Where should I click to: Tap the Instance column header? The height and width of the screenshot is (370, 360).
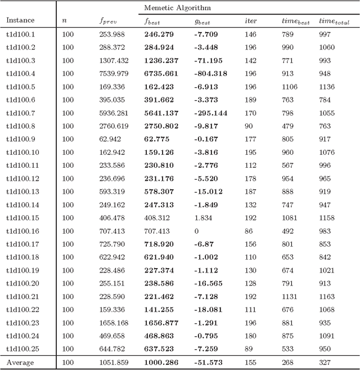pos(20,21)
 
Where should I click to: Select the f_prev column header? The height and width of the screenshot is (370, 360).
pos(107,21)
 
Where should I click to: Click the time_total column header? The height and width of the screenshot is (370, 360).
pos(333,21)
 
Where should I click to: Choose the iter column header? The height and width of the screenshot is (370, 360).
pos(251,21)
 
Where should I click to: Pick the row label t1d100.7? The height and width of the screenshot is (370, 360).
pos(21,113)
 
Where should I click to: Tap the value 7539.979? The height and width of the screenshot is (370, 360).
pos(114,74)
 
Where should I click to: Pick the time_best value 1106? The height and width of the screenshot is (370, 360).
pos(290,87)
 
